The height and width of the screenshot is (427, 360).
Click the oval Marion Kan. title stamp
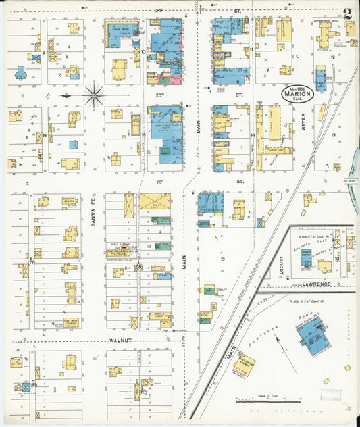[297, 94]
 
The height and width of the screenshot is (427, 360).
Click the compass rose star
[94, 95]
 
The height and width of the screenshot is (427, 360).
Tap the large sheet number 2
[346, 13]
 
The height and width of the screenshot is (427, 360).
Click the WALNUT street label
[119, 342]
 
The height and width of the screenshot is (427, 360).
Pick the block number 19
[222, 259]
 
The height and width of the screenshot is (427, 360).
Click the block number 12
[332, 58]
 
